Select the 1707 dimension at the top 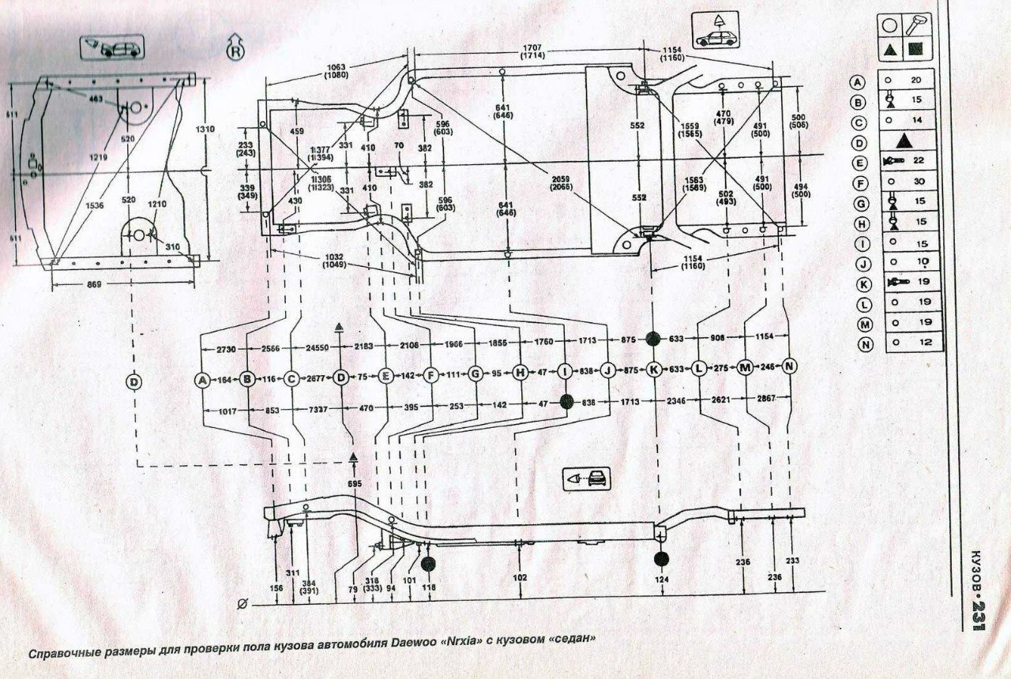point(536,49)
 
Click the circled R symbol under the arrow point(235,52)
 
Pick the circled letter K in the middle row point(653,370)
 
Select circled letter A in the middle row point(203,380)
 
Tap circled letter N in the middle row point(791,366)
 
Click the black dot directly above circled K point(652,339)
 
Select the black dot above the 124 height point(661,559)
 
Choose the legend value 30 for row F point(915,180)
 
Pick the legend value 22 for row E point(916,160)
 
